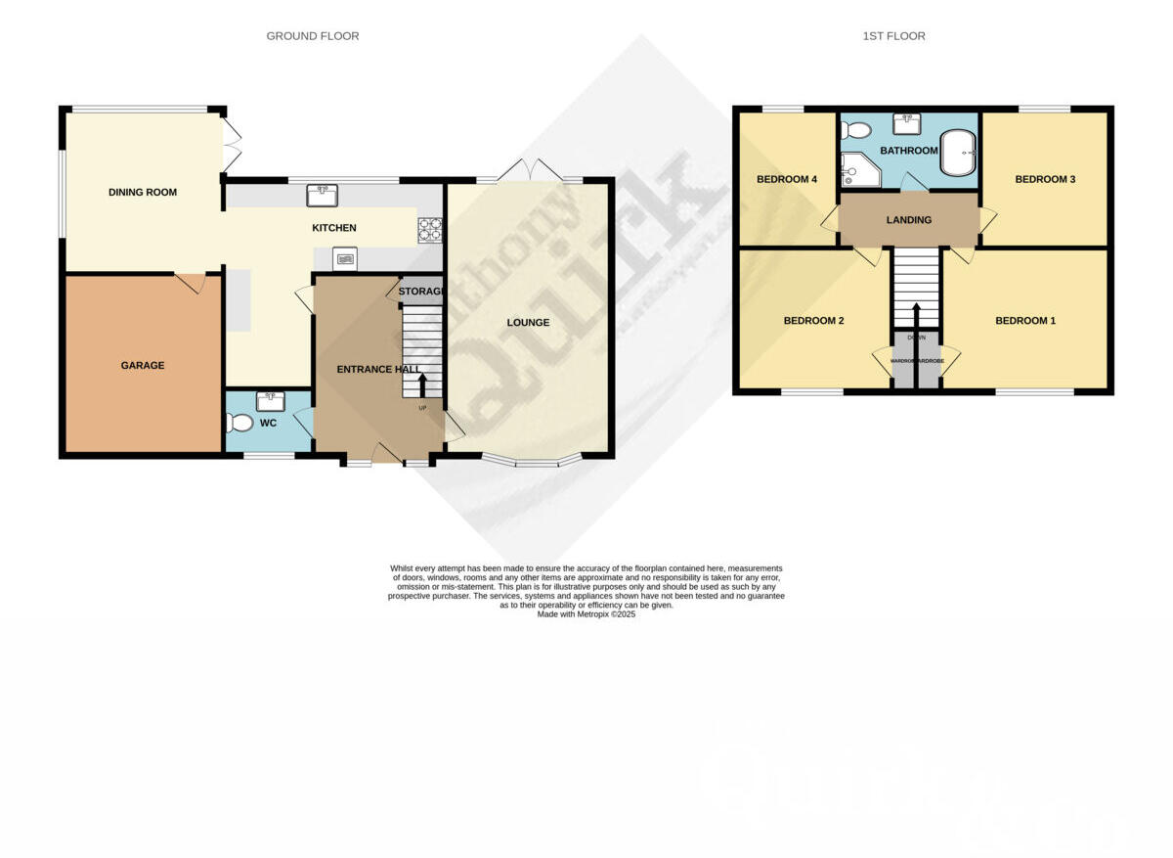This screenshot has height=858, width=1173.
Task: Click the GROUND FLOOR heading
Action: [x=313, y=36]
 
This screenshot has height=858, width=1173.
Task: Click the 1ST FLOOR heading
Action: [x=893, y=36]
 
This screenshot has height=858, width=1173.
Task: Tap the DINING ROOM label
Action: [x=143, y=193]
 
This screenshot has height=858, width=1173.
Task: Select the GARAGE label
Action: [x=143, y=365]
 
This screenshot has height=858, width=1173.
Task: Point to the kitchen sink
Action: [x=322, y=195]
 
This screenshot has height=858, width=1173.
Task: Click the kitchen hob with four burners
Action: [x=429, y=229]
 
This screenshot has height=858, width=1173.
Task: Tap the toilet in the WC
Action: [x=238, y=424]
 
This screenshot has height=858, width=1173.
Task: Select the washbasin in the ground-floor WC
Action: [x=269, y=401]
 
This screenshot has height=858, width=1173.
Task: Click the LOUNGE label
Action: [x=528, y=322]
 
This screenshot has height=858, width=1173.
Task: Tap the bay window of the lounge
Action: [x=536, y=461]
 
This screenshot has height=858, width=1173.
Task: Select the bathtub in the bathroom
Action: [x=958, y=154]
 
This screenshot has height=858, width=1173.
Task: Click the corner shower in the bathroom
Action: [x=859, y=170]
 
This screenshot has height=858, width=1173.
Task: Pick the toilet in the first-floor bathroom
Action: [x=856, y=130]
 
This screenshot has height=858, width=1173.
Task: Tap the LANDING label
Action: [x=909, y=220]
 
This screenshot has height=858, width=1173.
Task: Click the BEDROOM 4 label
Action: [x=787, y=179]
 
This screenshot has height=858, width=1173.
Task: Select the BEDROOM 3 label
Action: [x=1045, y=179]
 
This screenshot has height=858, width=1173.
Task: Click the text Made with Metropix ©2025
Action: [x=586, y=614]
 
